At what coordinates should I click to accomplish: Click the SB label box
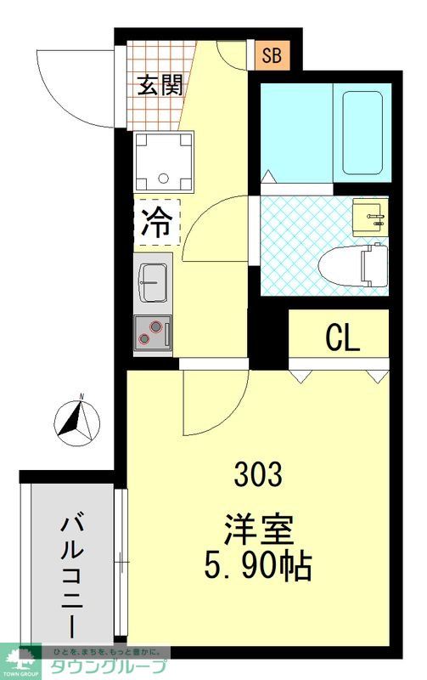point(272,57)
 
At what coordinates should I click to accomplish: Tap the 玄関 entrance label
point(160,85)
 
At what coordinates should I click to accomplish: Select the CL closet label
point(343,338)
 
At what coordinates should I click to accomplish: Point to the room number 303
point(259,474)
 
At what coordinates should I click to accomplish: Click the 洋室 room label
point(259,529)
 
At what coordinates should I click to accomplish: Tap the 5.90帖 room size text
point(259,564)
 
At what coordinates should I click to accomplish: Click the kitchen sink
point(154,280)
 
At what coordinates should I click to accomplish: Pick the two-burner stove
point(153,331)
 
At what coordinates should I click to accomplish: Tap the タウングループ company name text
point(102,667)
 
